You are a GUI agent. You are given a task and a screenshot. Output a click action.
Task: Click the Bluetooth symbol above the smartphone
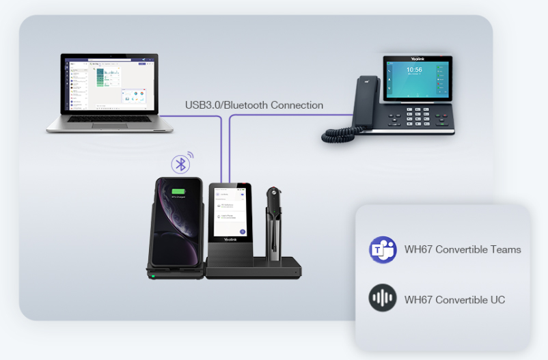click(x=180, y=164)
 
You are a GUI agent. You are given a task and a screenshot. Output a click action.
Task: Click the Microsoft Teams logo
click(x=383, y=250)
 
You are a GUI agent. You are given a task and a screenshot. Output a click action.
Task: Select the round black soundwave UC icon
click(x=383, y=299)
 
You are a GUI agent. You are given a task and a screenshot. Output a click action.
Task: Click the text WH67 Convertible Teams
click(x=463, y=250)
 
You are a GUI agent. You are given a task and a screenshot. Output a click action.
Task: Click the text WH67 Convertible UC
click(x=454, y=299)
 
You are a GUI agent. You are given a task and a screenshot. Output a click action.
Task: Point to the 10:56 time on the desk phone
click(x=414, y=70)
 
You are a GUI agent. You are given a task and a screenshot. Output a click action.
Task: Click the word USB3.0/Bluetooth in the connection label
click(x=225, y=106)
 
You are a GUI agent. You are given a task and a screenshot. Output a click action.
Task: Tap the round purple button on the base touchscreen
click(x=243, y=232)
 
